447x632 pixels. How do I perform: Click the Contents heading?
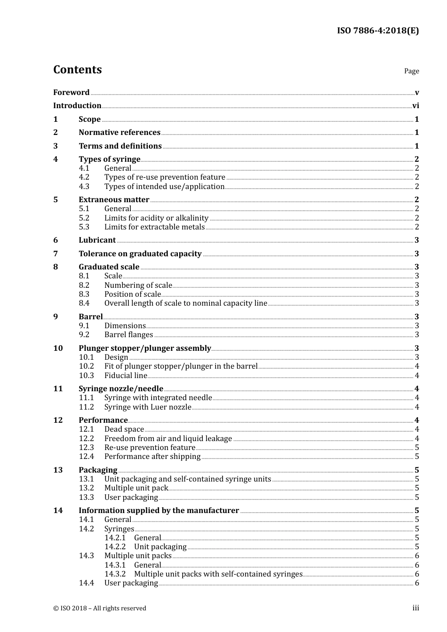tap(77, 70)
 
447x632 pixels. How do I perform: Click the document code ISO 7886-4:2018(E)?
tap(377, 31)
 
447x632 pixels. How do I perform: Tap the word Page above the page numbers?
tap(411, 71)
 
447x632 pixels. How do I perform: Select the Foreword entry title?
tap(71, 93)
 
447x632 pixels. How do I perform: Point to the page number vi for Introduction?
tap(415, 106)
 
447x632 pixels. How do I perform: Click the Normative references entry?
tap(120, 133)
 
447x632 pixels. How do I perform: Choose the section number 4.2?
tap(84, 177)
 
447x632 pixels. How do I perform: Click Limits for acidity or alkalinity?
tap(156, 218)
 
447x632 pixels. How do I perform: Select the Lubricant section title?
tap(97, 240)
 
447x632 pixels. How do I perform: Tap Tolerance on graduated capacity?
tap(140, 254)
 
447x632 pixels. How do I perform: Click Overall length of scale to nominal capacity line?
tap(185, 303)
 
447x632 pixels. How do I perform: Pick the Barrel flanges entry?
tap(128, 335)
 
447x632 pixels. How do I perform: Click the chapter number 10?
tap(58, 348)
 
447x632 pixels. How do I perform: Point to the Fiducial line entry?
tap(126, 376)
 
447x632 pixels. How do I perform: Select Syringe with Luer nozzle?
tap(148, 407)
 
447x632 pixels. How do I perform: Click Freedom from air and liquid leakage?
tap(168, 439)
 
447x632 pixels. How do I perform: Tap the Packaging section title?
tap(98, 470)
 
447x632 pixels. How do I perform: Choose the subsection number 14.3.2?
tap(115, 574)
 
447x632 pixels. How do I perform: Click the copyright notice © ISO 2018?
tap(99, 608)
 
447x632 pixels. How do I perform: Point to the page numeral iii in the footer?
tap(415, 608)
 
